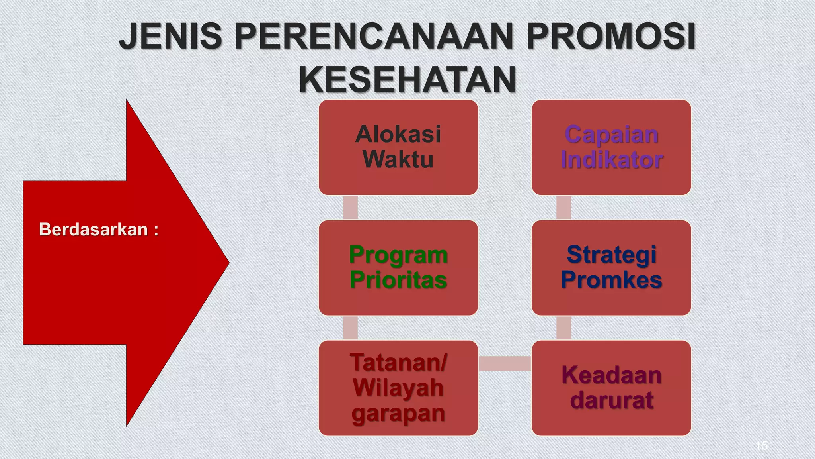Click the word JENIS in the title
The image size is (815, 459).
coord(171,37)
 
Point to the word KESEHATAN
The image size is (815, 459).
coord(407,80)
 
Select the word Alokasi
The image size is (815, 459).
coord(398,134)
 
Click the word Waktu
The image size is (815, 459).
coord(398,159)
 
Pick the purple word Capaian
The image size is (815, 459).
coord(611,135)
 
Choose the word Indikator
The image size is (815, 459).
coord(611,159)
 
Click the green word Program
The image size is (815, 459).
coord(398,255)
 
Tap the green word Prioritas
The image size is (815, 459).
coord(398,280)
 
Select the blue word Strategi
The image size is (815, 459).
coord(611,255)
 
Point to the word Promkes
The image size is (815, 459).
coord(611,280)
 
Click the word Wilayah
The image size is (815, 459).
coord(398,387)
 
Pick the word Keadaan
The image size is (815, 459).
coord(611,375)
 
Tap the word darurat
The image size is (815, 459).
coord(611,400)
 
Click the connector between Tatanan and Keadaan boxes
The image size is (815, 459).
coord(505,363)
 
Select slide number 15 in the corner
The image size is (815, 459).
coord(762,445)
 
